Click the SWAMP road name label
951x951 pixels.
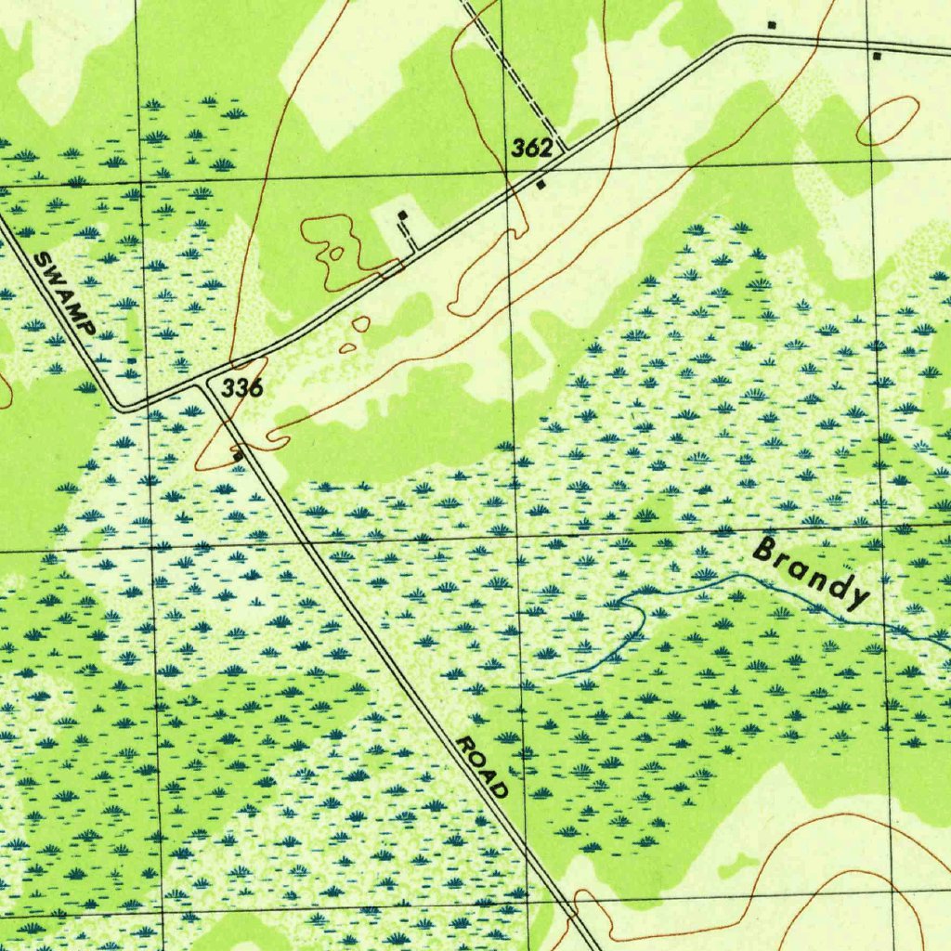(64, 293)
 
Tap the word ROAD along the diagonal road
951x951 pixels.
(483, 767)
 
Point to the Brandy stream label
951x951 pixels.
(813, 573)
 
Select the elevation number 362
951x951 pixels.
(532, 148)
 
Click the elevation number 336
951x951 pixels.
(241, 388)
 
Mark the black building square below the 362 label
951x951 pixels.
(541, 185)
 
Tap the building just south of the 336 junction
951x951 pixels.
(239, 456)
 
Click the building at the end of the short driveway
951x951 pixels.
(402, 215)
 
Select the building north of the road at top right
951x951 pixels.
(772, 24)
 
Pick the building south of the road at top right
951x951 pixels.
(877, 56)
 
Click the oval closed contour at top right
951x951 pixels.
(887, 122)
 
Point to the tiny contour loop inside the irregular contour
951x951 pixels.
(335, 252)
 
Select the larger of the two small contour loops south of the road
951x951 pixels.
(360, 324)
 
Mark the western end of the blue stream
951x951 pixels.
(557, 675)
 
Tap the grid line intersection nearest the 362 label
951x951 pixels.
(507, 171)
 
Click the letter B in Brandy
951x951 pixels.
(766, 550)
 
